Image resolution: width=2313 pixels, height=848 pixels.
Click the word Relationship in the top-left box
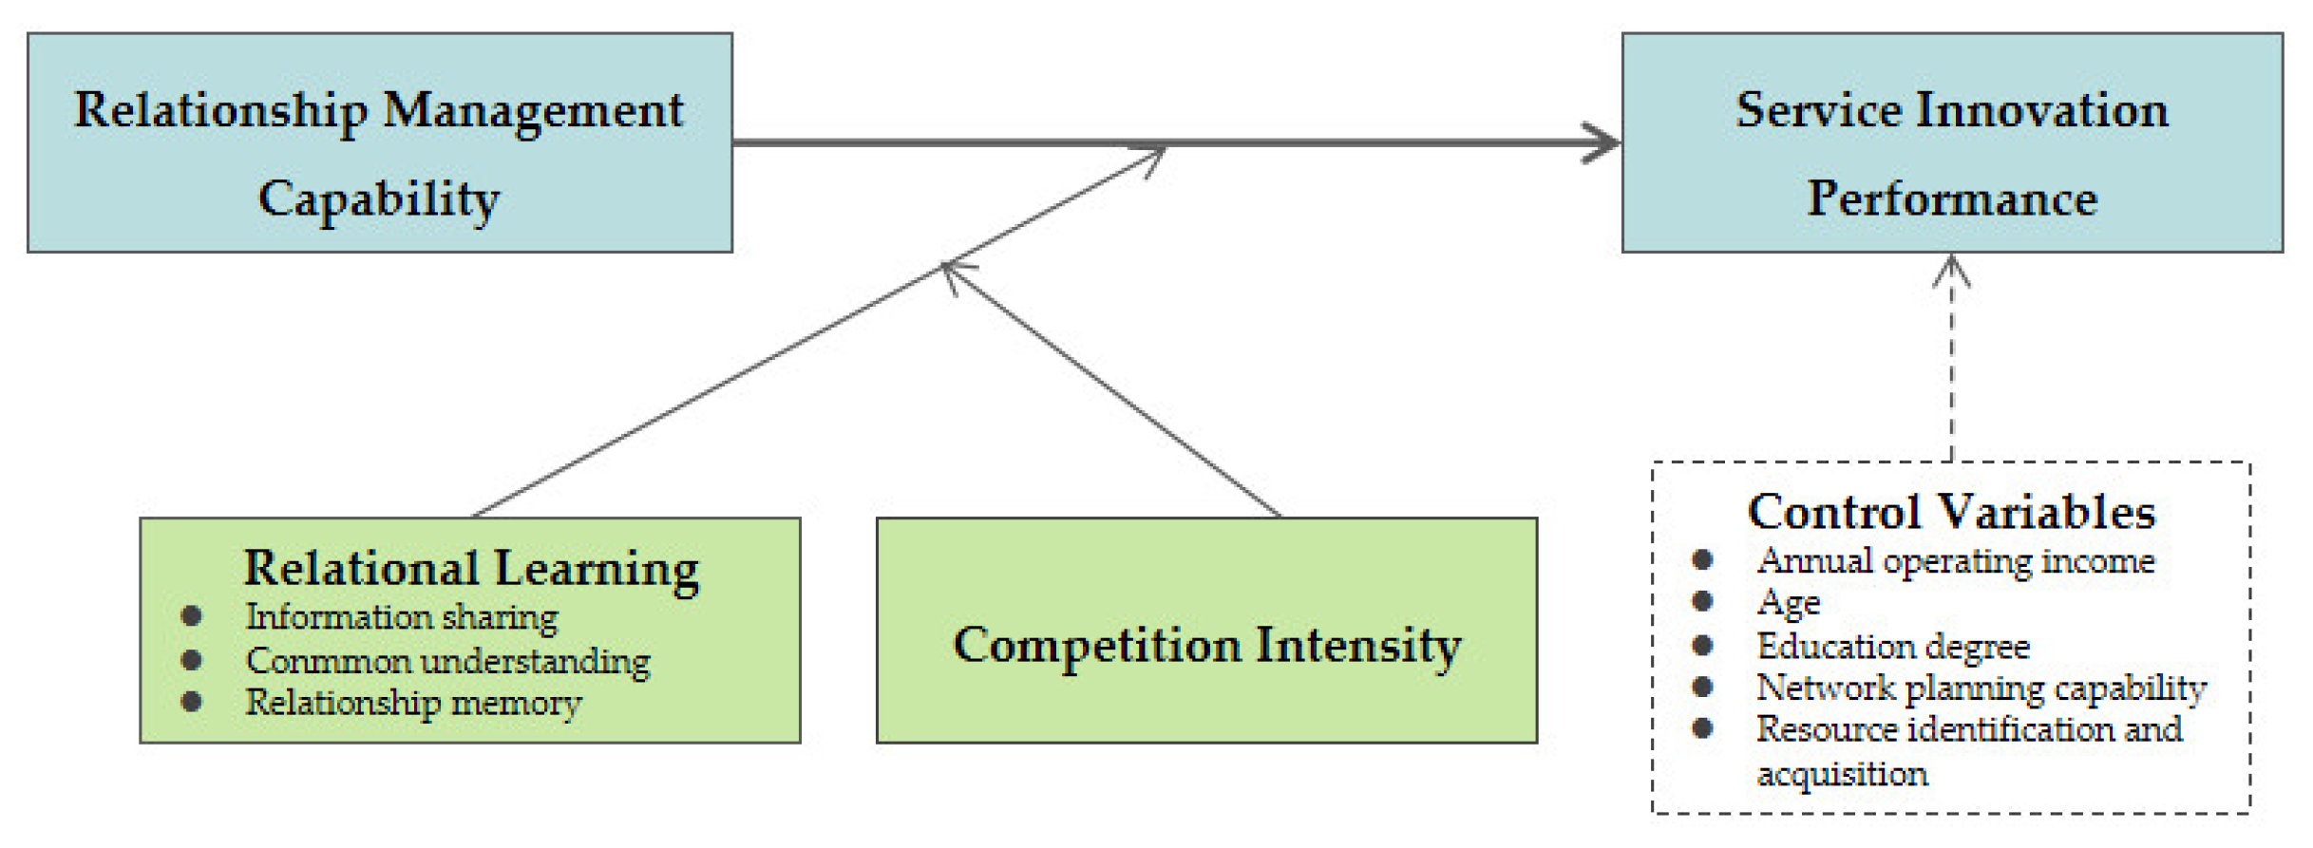coord(220,111)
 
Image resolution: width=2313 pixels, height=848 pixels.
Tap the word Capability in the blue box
coord(379,199)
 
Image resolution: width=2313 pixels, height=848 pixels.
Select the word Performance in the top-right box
coord(1951,198)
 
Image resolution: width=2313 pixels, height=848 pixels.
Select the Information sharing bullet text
coord(402,617)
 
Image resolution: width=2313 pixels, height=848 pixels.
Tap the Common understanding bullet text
coord(447,660)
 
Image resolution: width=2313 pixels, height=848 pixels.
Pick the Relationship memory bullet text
coord(413,703)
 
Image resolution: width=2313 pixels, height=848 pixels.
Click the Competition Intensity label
coord(1206,646)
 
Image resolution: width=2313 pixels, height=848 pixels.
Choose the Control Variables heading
coord(1951,512)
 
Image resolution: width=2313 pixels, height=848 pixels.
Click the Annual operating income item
coord(1955,560)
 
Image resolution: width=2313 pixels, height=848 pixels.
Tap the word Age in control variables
coord(1788,602)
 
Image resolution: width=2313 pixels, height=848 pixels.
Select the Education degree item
coord(1892,646)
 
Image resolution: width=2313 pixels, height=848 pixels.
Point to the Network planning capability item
coord(1981,688)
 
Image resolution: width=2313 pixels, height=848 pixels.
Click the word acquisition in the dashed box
coord(1842,774)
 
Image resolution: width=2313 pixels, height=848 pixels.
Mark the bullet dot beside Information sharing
coord(191,616)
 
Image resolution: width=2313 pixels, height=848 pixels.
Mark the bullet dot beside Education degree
coord(1702,646)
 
